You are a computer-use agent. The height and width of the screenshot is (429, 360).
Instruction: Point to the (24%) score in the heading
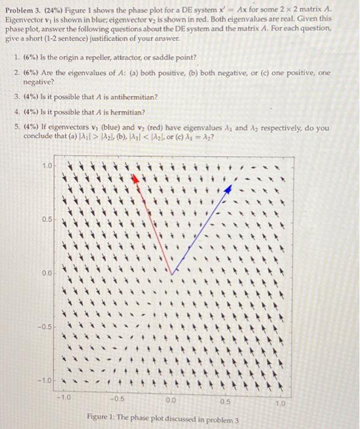pyautogui.click(x=54, y=10)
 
